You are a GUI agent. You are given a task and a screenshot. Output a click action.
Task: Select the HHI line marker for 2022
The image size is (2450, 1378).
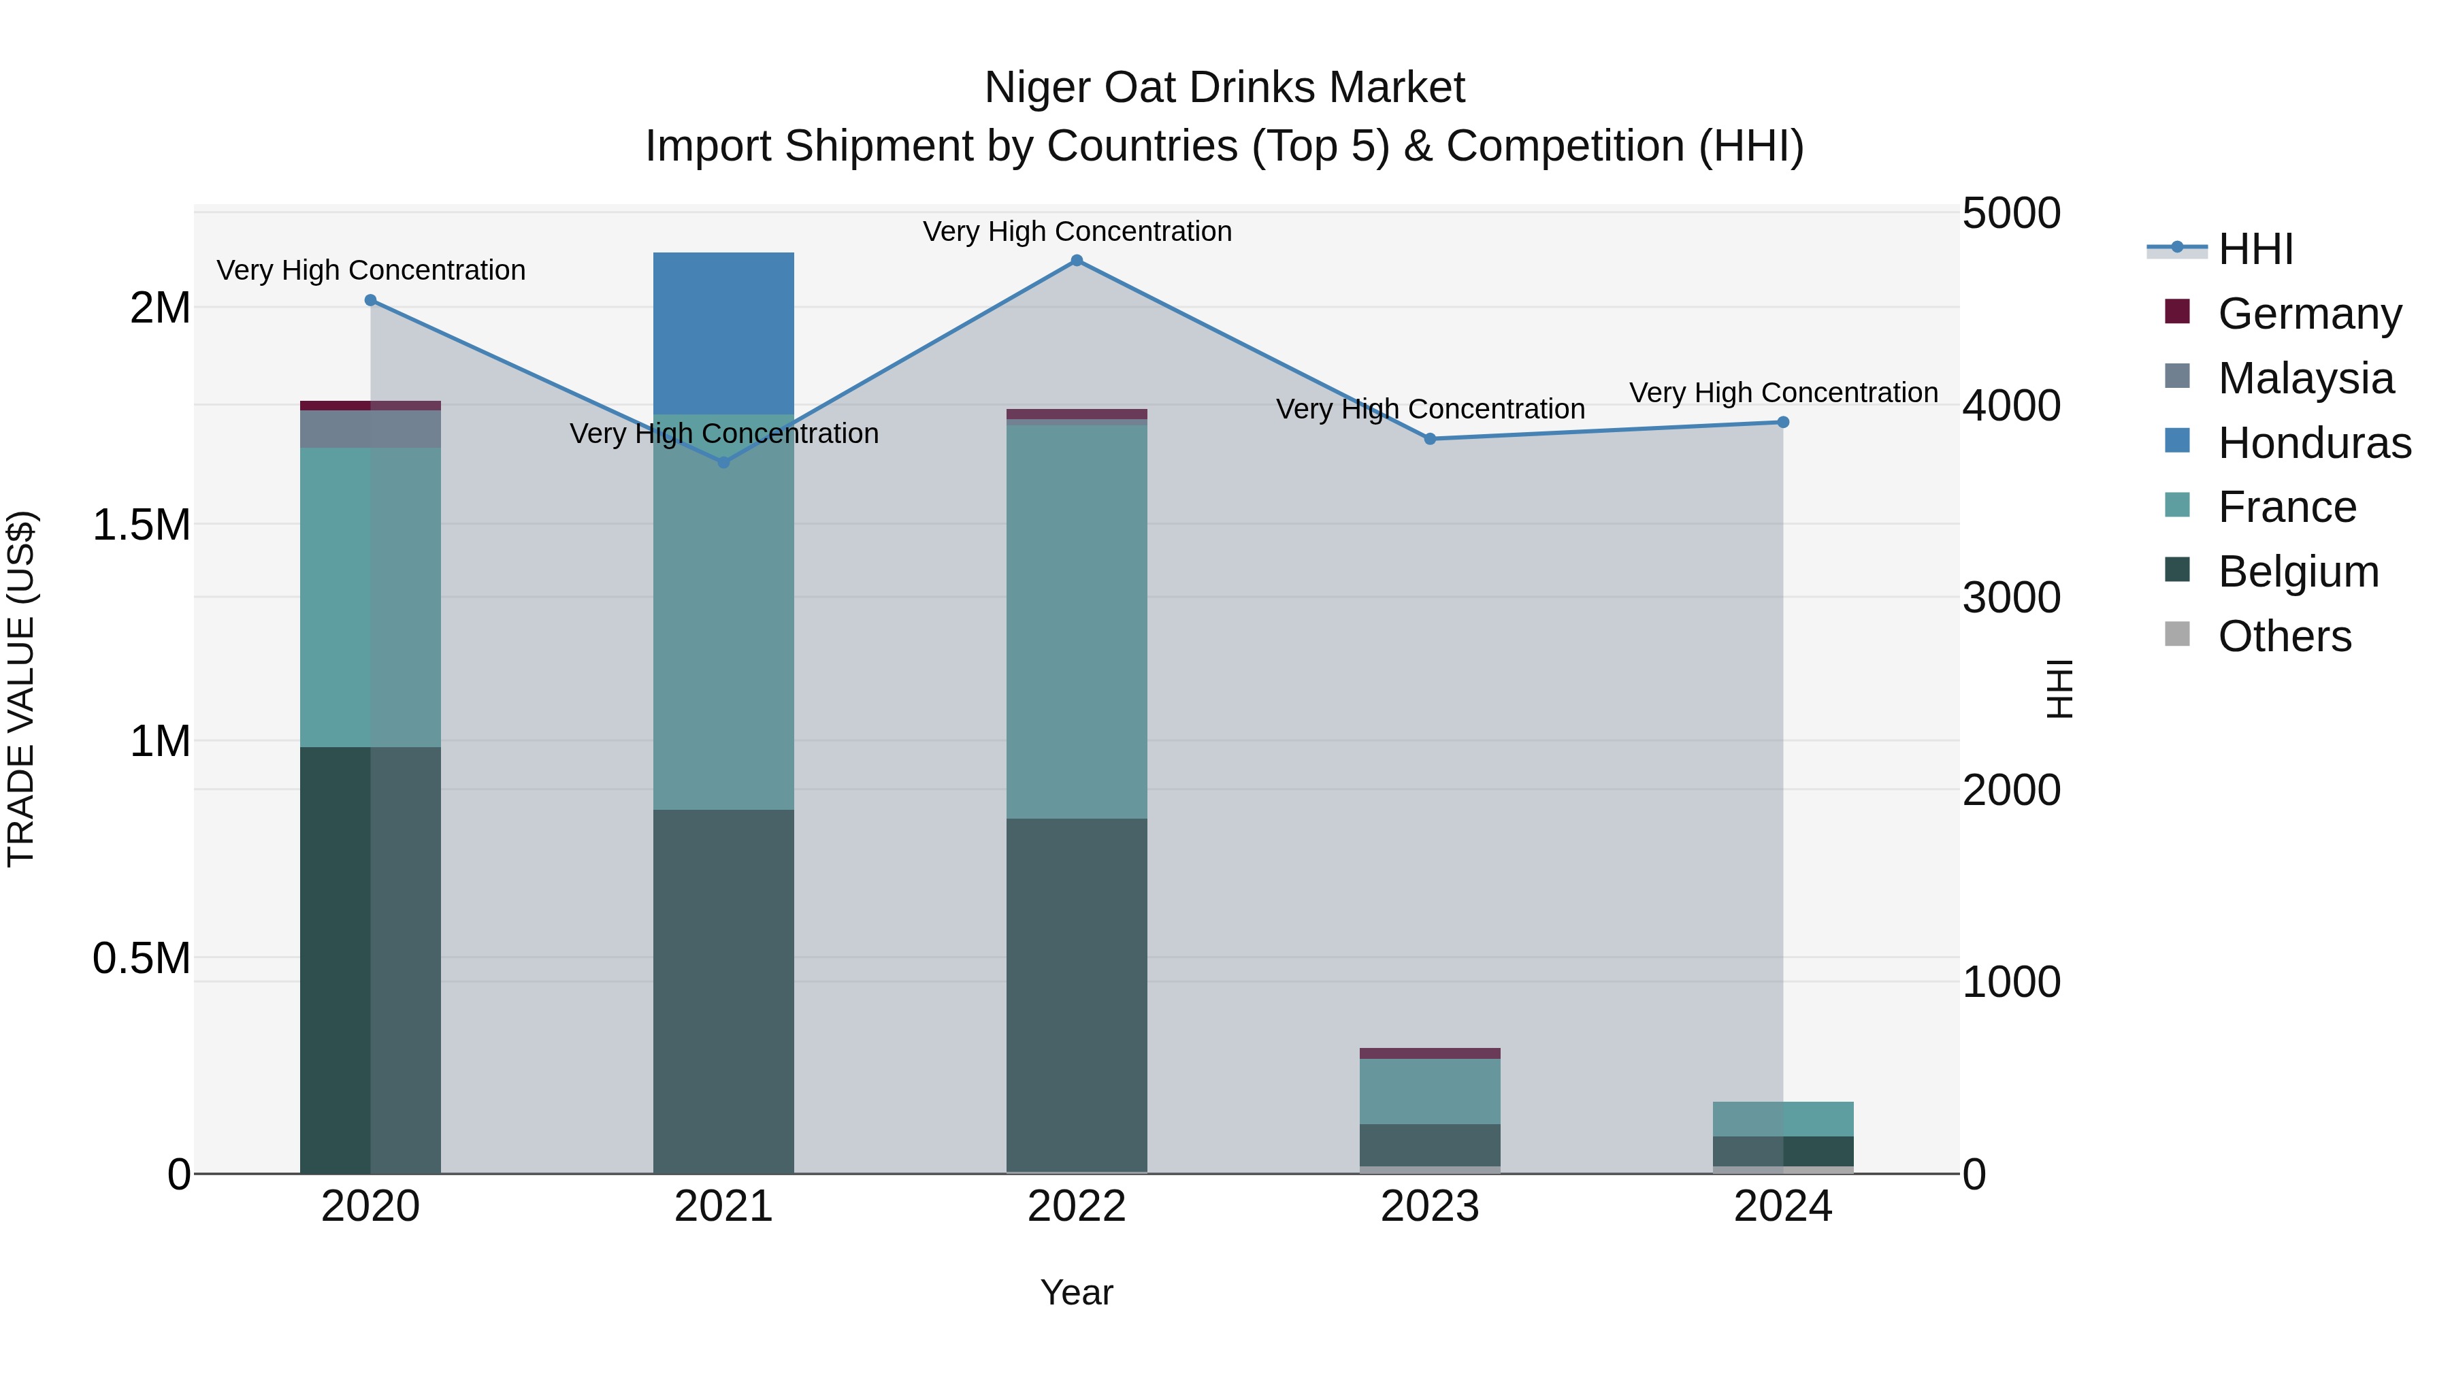pyautogui.click(x=1077, y=261)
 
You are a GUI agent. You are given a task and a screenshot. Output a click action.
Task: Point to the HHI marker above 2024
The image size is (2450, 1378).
pyautogui.click(x=1783, y=422)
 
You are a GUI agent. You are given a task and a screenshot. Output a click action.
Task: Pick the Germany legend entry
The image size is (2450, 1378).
pyautogui.click(x=2309, y=314)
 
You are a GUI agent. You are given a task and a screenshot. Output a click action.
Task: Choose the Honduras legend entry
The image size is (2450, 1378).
pyautogui.click(x=2314, y=443)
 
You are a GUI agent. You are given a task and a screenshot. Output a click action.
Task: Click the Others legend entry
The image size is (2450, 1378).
pyautogui.click(x=2285, y=636)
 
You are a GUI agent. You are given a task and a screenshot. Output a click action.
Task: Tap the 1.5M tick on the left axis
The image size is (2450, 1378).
pyautogui.click(x=141, y=525)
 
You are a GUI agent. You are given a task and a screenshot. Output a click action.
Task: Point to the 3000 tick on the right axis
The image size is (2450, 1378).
pyautogui.click(x=2010, y=598)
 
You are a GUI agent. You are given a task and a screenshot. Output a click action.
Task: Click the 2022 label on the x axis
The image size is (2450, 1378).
pyautogui.click(x=1077, y=1207)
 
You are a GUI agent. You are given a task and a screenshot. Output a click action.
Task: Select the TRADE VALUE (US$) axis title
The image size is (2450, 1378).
pyautogui.click(x=21, y=689)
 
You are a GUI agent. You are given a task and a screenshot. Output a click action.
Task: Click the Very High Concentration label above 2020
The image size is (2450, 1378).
pyautogui.click(x=371, y=270)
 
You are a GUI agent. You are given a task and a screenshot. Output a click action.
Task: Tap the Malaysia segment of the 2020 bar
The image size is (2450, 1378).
pyautogui.click(x=370, y=429)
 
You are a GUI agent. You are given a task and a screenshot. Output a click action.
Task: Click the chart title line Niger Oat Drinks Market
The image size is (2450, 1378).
pyautogui.click(x=1224, y=88)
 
